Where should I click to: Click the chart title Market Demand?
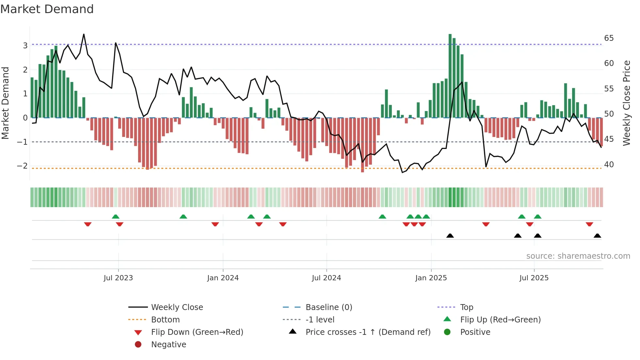(x=47, y=9)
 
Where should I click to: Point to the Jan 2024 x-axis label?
(x=223, y=278)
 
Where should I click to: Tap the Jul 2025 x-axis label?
(x=534, y=278)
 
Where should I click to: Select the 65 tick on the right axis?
(x=609, y=38)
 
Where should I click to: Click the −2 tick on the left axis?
(x=22, y=166)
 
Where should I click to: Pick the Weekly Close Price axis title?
(x=626, y=103)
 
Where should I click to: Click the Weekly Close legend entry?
(x=177, y=307)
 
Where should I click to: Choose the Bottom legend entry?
(x=165, y=320)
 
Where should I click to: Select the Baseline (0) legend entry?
(x=328, y=307)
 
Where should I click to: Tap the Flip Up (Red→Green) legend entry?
(x=500, y=320)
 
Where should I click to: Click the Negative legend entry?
(x=168, y=345)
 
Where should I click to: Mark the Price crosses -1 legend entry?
(x=368, y=332)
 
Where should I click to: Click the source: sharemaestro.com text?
(x=578, y=256)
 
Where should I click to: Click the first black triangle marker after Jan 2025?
(x=450, y=236)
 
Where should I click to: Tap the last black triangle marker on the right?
(x=597, y=236)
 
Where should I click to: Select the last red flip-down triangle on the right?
(x=589, y=224)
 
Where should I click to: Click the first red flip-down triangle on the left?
(x=88, y=224)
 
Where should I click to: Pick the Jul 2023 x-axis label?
(x=118, y=278)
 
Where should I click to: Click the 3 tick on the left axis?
(x=25, y=45)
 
